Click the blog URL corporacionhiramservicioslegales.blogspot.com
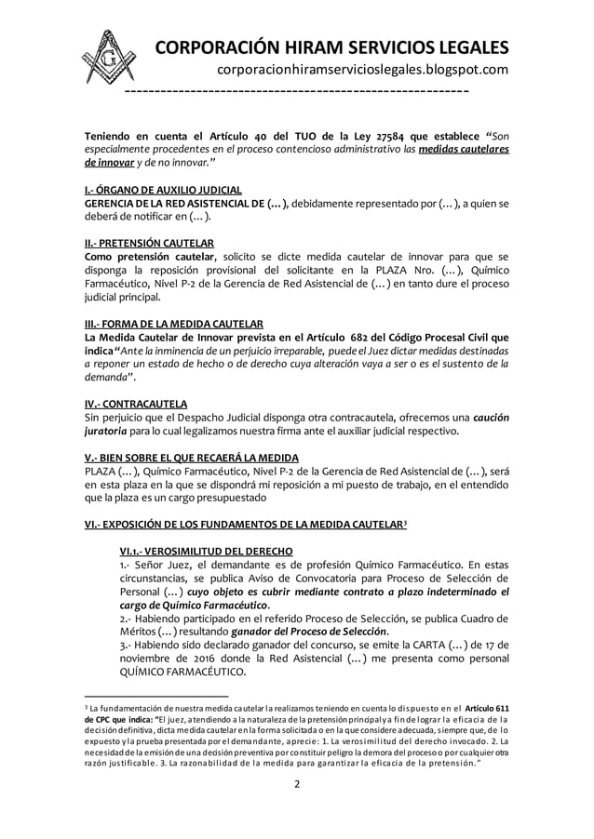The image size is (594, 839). click(362, 71)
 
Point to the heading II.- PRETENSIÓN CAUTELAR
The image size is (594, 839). click(146, 243)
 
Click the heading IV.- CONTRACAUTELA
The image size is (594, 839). click(135, 404)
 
